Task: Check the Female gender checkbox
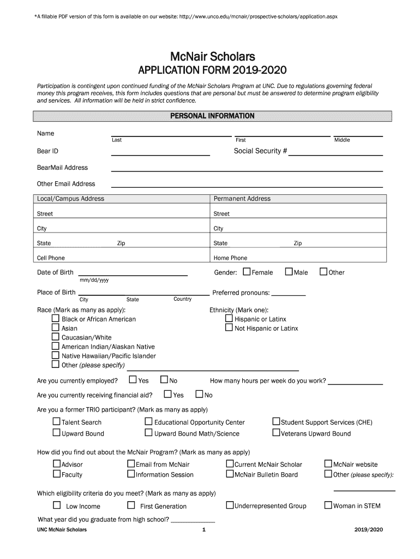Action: point(247,272)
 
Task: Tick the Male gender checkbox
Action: point(289,272)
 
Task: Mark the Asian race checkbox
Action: point(55,328)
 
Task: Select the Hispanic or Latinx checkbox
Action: point(229,319)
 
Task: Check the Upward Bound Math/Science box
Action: point(148,433)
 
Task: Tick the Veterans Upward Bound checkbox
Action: point(276,433)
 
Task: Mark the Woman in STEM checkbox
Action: point(328,506)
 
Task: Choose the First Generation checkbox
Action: point(131,506)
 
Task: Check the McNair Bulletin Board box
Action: point(230,474)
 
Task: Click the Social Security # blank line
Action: point(335,154)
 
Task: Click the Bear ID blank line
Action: point(160,154)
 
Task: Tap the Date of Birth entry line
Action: point(133,274)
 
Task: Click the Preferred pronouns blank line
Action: point(289,294)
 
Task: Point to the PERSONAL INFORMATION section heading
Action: point(212,116)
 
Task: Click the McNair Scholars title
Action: point(212,57)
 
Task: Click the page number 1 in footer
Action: point(203,530)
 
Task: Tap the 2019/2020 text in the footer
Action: point(368,530)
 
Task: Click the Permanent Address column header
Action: point(242,199)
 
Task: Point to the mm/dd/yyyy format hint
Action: point(94,281)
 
